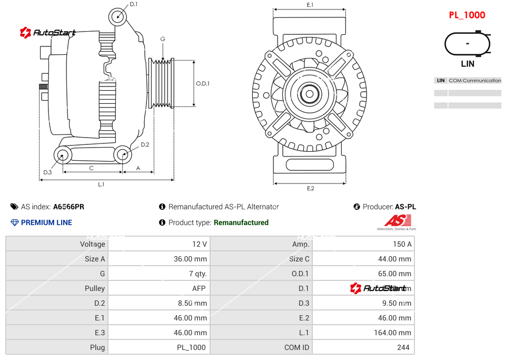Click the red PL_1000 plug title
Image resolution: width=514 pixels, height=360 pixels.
(467, 15)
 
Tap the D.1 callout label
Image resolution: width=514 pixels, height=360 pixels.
(133, 4)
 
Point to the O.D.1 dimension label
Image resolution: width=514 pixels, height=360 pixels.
(203, 83)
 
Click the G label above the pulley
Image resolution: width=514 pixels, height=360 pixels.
(163, 40)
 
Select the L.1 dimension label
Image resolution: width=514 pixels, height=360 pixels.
(101, 184)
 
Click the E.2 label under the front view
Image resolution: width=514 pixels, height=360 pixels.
(310, 188)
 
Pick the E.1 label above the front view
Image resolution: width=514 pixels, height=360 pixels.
(310, 5)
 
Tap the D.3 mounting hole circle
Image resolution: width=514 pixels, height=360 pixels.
(63, 155)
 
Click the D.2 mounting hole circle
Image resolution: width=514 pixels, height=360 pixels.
(123, 154)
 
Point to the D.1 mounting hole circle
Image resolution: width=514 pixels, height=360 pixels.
(118, 16)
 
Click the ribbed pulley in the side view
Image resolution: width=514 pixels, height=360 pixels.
(162, 83)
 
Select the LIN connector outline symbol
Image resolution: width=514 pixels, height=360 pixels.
(467, 44)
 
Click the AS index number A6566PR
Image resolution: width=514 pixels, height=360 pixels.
(68, 207)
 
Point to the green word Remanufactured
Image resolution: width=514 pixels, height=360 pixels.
(241, 222)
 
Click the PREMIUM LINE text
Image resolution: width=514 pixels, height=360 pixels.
(46, 222)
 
